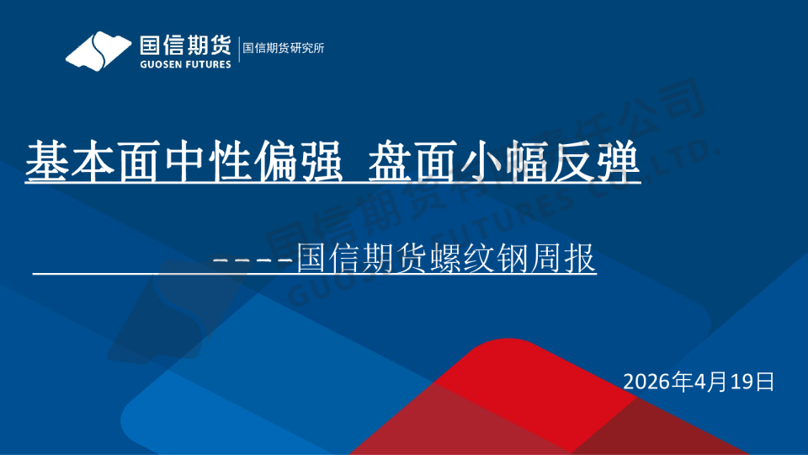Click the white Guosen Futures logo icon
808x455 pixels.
[x=99, y=51]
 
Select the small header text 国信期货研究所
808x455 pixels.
[x=284, y=48]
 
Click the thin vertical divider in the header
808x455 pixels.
[x=237, y=49]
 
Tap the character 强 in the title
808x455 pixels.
[x=317, y=162]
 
